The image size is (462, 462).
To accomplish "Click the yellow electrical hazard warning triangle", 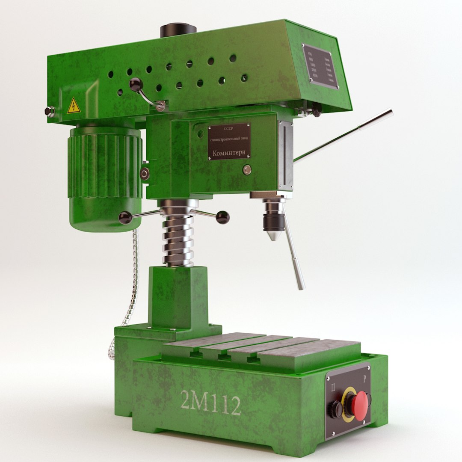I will pos(74,105).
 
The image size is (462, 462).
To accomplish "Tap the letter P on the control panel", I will pos(364,379).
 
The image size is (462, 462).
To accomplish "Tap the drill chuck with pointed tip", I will pos(272,220).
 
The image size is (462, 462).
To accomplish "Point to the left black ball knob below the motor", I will pos(125,218).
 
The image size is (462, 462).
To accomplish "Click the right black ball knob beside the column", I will pos(222,217).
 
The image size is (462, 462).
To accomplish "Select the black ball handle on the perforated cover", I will pos(136,83).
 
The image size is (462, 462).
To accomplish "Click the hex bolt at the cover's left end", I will pos(50,111).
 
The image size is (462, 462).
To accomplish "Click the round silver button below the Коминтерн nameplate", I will pos(246,170).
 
